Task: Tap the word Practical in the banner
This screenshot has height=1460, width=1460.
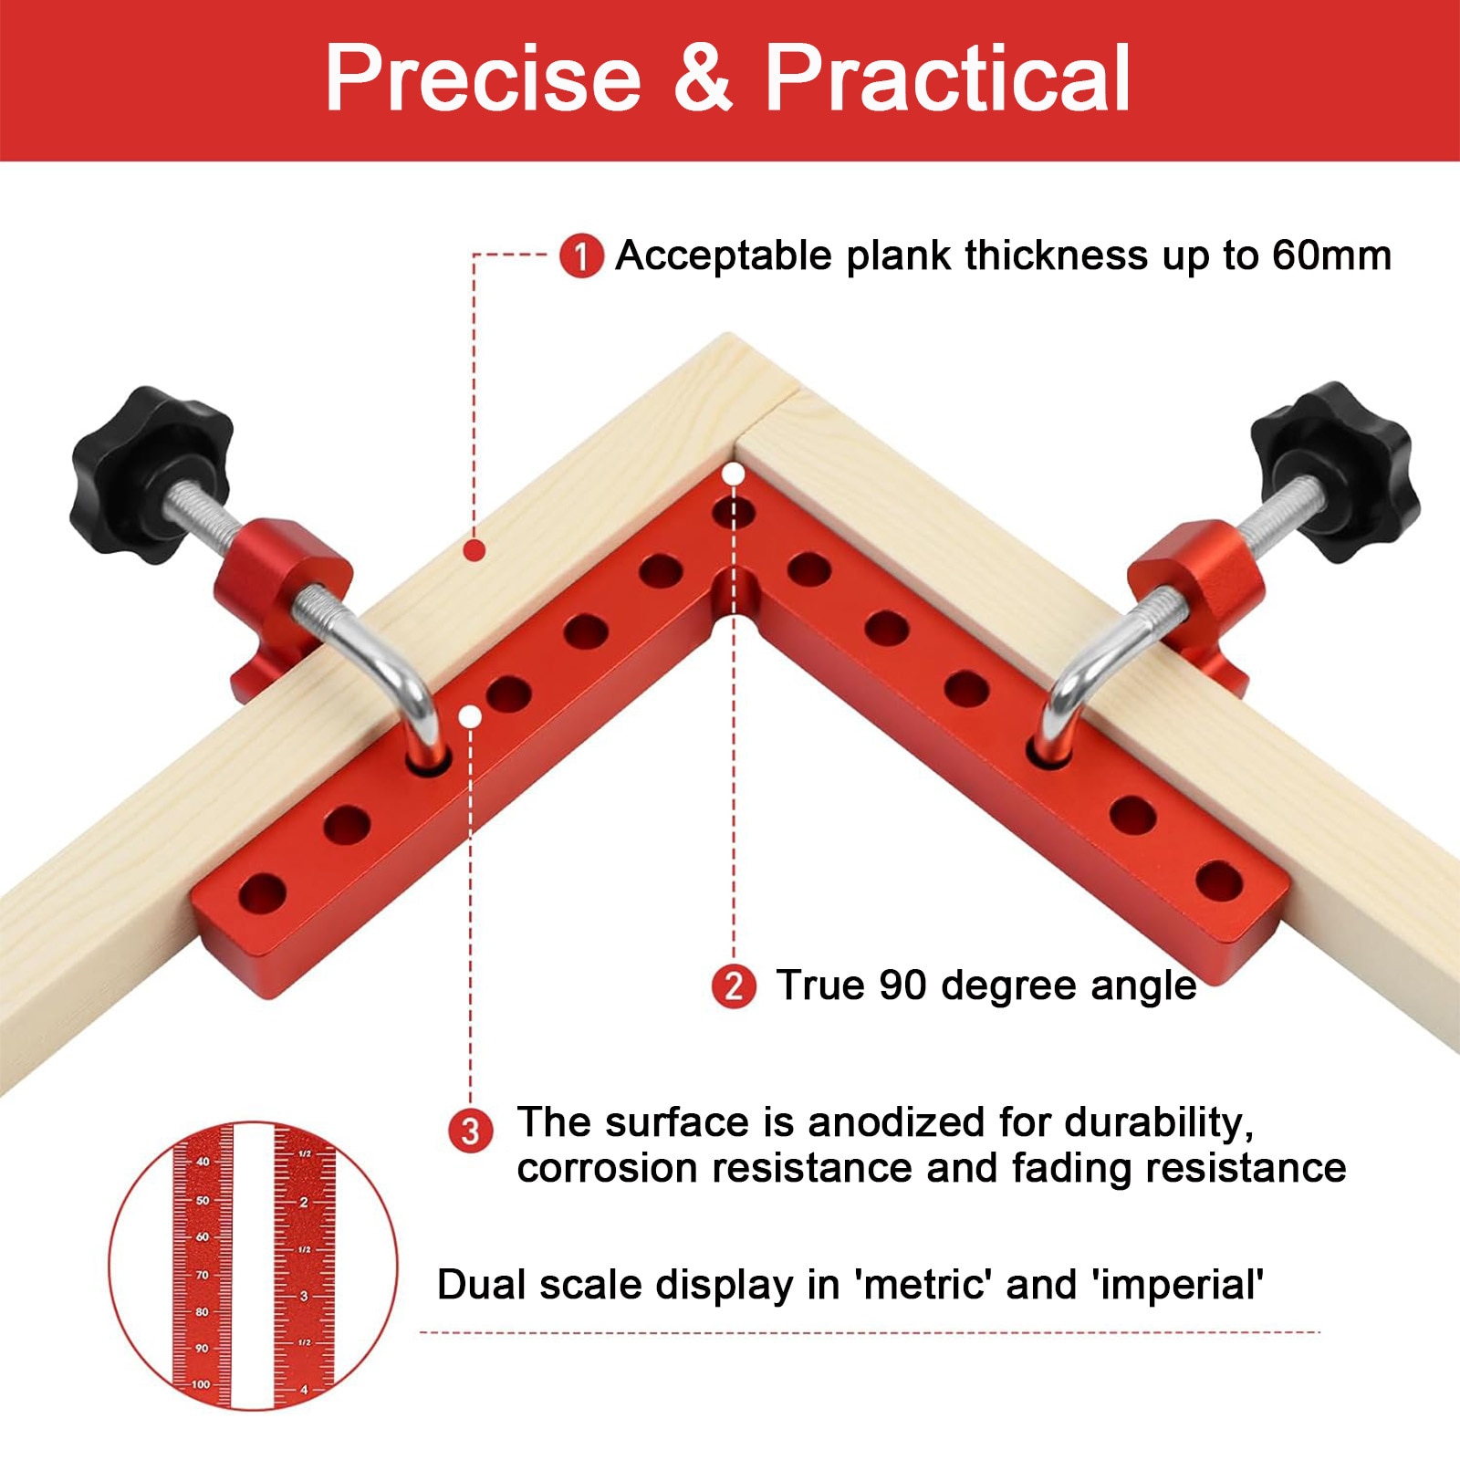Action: (947, 78)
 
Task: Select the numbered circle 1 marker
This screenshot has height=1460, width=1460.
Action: (580, 255)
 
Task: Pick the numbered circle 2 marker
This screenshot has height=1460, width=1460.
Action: (734, 986)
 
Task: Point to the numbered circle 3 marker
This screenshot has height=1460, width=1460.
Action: (470, 1131)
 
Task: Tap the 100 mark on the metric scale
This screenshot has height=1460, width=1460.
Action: (201, 1384)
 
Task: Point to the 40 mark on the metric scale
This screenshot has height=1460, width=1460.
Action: (203, 1162)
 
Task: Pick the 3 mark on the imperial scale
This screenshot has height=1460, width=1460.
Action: (305, 1296)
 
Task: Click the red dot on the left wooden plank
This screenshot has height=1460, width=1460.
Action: (474, 550)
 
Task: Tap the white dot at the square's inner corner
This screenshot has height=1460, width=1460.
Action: (733, 474)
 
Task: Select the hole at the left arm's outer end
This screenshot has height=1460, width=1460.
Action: (263, 894)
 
